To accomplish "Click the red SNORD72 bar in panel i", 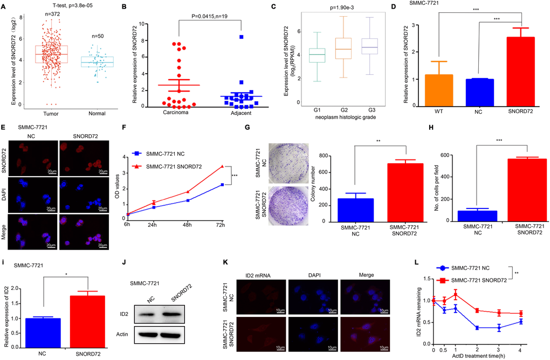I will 84,320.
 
